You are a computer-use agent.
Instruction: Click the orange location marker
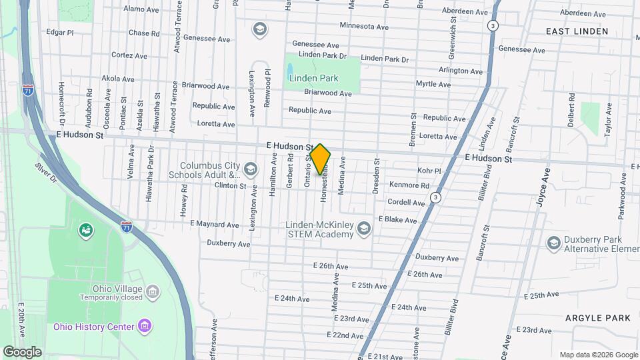[x=321, y=159]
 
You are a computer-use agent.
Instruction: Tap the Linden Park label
[x=313, y=78]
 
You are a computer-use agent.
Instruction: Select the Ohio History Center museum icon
[x=145, y=327]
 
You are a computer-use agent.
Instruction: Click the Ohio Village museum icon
[x=153, y=291]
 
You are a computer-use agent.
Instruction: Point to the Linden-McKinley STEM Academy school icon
[x=363, y=229]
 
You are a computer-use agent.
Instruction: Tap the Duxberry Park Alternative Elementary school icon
[x=553, y=243]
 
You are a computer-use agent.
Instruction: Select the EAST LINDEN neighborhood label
[x=577, y=31]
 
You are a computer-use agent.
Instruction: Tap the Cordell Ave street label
[x=406, y=203]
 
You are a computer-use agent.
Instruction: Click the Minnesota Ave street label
[x=364, y=27]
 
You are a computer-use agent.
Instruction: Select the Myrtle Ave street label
[x=433, y=84]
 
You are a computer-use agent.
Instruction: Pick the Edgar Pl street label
[x=60, y=31]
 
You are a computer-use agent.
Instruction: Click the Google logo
[x=23, y=352]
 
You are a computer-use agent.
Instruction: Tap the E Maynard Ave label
[x=214, y=225]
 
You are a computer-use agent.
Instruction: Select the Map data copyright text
[x=598, y=355]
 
